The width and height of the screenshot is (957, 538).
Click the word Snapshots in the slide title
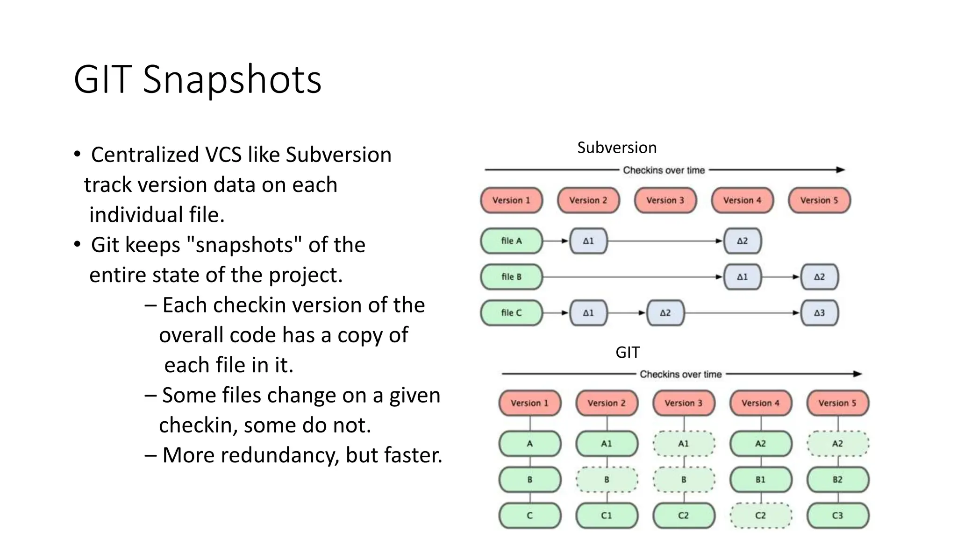(232, 79)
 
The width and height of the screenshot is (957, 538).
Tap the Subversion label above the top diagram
(616, 148)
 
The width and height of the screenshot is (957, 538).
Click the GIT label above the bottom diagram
(627, 352)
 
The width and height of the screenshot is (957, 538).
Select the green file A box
(511, 241)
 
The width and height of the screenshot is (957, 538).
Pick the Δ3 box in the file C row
(819, 313)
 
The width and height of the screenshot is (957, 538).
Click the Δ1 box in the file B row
(742, 277)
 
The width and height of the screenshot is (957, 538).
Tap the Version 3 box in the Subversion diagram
(665, 200)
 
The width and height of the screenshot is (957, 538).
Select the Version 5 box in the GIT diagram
(837, 403)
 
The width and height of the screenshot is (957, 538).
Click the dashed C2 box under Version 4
(760, 516)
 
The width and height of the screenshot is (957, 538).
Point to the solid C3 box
(837, 516)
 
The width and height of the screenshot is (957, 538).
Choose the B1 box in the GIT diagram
(760, 480)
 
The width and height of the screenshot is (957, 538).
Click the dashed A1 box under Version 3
(683, 444)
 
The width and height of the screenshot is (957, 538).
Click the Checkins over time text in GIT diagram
(680, 374)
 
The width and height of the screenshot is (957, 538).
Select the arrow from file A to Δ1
(556, 241)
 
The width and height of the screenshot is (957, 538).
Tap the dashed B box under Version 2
(607, 480)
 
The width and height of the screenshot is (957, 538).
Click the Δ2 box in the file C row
(665, 313)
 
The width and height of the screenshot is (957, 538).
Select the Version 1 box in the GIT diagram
(529, 403)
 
